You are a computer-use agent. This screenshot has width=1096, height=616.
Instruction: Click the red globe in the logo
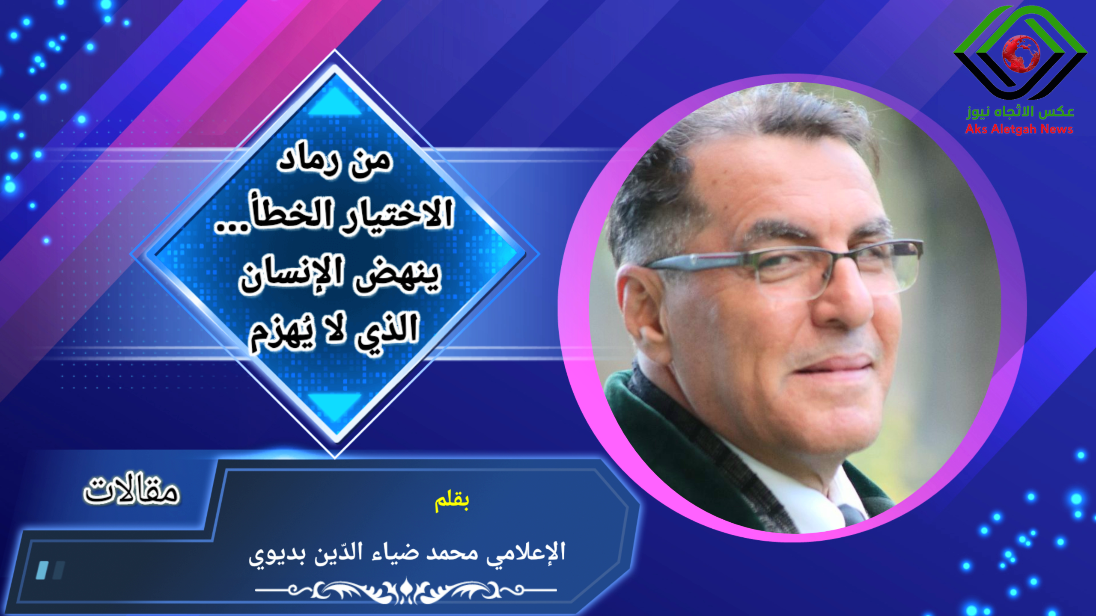(1021, 54)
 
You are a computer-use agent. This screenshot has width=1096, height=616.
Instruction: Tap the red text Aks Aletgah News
(1019, 129)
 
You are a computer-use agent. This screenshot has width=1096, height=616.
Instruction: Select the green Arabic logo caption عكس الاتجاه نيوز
(1020, 111)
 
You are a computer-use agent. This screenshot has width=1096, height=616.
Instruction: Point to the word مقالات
(131, 489)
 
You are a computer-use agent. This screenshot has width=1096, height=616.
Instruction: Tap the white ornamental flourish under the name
(406, 590)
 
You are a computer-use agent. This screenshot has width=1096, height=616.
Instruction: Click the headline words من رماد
(335, 161)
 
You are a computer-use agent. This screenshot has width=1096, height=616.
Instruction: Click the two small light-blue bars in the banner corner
(50, 570)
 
